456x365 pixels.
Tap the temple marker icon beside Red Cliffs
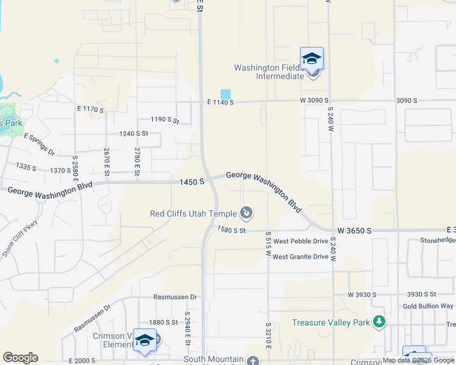246,213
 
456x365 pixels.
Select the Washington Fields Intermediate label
269,72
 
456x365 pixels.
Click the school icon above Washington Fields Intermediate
312,59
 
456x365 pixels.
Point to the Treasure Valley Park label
332,322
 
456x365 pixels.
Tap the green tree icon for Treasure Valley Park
380,321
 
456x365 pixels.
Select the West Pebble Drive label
301,242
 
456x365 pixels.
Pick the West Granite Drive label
301,257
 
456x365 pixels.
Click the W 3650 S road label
354,231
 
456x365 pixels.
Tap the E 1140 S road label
221,102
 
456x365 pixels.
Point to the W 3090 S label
314,100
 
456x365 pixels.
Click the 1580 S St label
231,231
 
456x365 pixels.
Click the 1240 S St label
134,133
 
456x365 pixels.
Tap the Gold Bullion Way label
428,306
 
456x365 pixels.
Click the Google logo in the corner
20,358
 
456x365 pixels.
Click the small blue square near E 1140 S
226,94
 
